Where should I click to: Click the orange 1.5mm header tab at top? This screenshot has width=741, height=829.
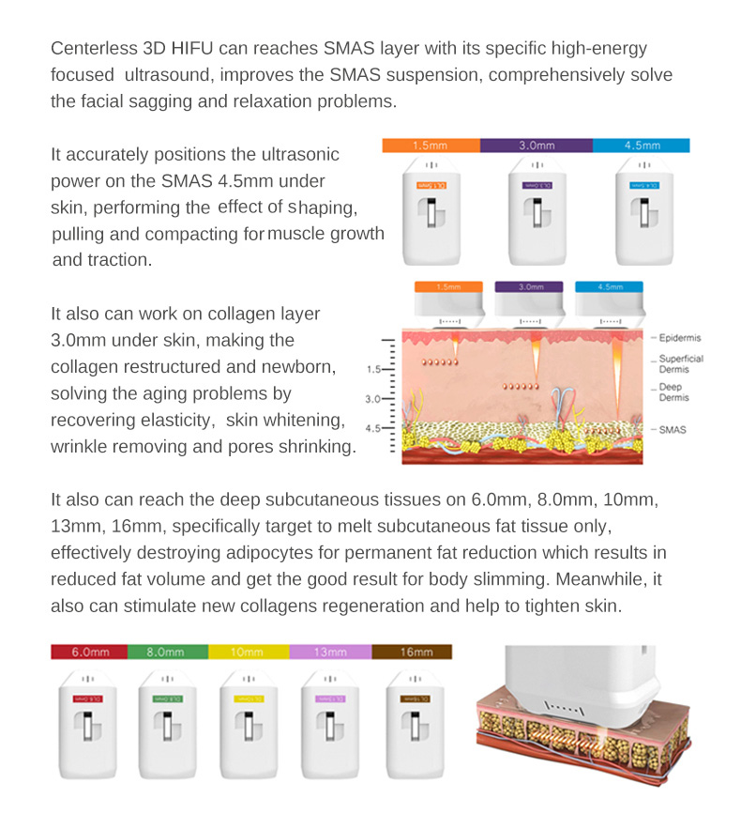(431, 146)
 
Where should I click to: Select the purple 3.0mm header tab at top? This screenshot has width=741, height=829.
(536, 146)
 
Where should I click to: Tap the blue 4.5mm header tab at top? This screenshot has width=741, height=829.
(642, 146)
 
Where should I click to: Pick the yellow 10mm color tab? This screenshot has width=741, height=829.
(247, 652)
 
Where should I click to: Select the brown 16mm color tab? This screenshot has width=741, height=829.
(413, 652)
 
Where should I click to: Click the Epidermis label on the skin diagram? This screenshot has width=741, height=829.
(680, 338)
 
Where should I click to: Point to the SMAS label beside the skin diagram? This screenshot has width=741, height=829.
(673, 429)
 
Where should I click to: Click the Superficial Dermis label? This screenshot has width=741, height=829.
(681, 364)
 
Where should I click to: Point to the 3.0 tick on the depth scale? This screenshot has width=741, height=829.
(373, 399)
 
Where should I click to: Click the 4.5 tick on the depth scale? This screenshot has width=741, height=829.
(373, 429)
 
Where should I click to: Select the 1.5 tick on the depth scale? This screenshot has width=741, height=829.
(373, 370)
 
